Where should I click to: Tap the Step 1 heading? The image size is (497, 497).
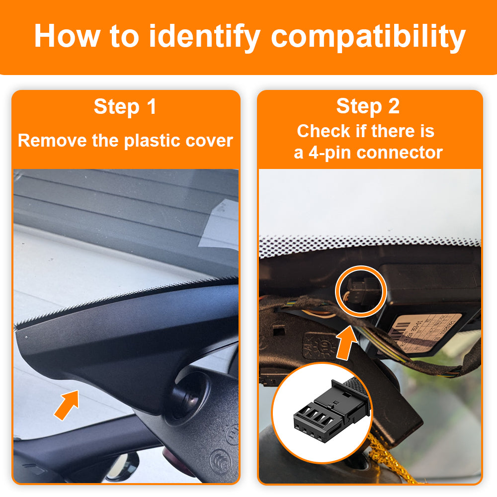pos(125,107)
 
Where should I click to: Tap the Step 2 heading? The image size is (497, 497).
pos(368,106)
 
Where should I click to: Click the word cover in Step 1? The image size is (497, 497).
pos(209,141)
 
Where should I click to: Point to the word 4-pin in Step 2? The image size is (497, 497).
pos(330,152)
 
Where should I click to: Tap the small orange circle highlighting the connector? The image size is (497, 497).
pos(361,292)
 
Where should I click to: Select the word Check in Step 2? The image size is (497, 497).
pos(325,131)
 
